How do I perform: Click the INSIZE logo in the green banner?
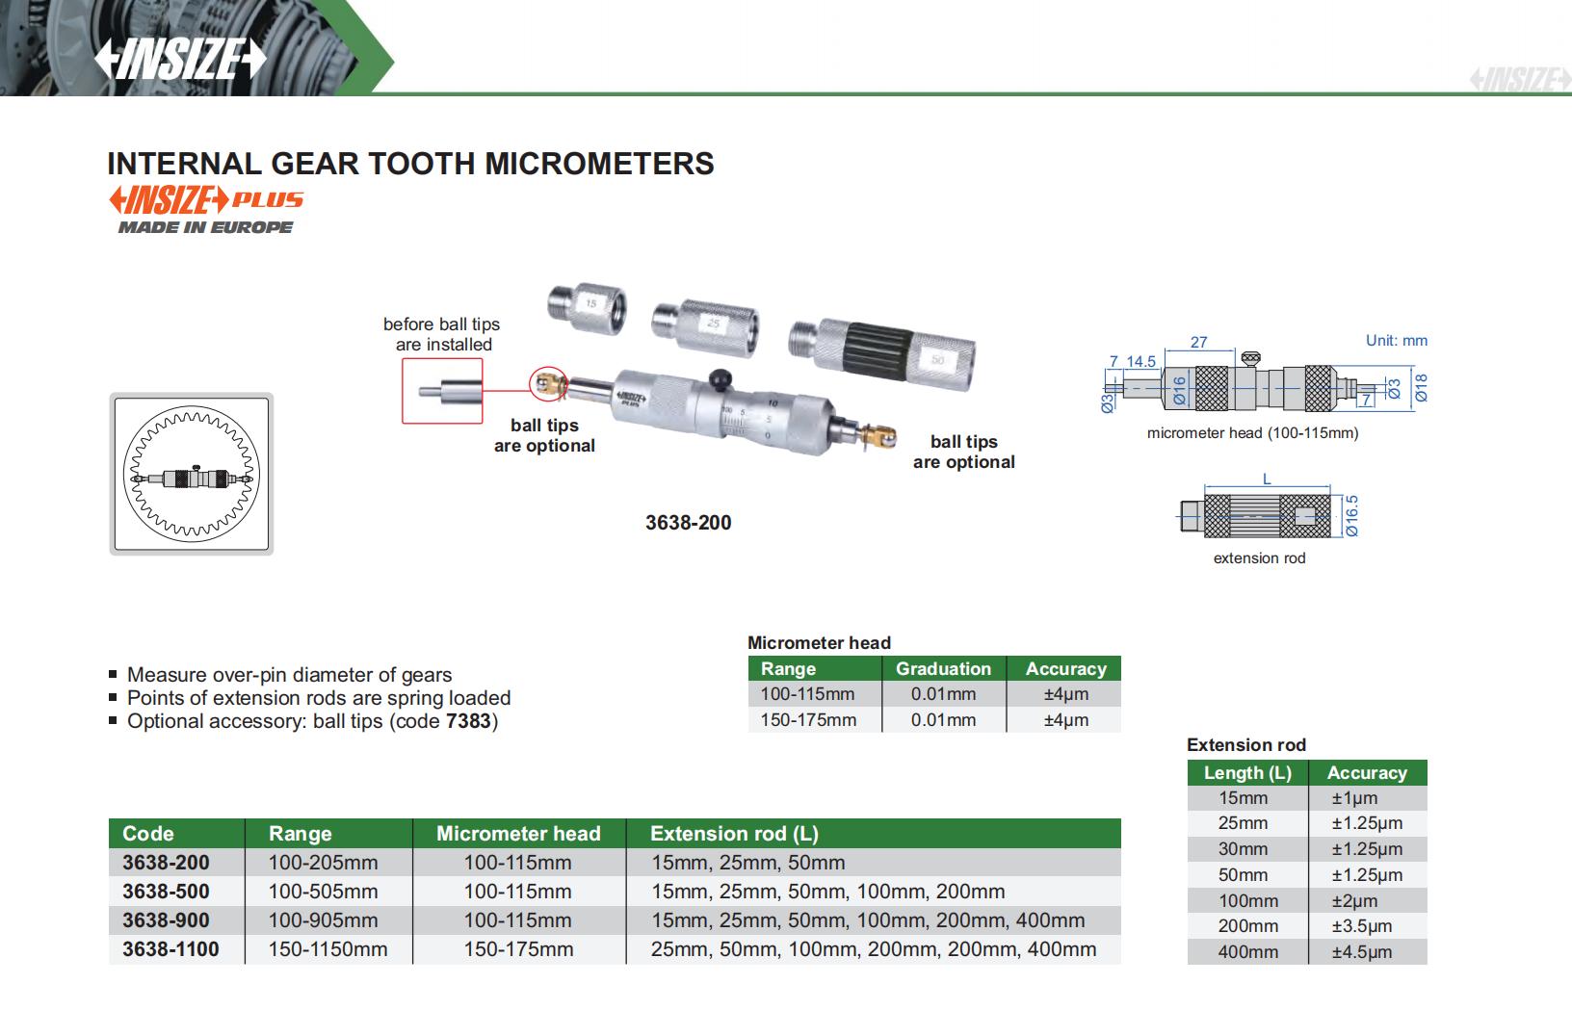click(x=179, y=60)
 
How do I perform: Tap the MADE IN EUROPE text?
click(x=205, y=227)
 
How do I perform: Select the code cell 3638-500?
click(x=166, y=892)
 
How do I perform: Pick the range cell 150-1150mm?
click(x=327, y=949)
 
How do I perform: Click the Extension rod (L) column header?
click(x=734, y=834)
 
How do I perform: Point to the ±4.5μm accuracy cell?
click(x=1361, y=952)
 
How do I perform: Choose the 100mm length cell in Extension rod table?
click(x=1248, y=901)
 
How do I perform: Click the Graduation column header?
click(x=943, y=669)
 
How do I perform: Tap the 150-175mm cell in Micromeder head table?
click(x=808, y=720)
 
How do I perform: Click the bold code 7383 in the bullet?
click(x=469, y=721)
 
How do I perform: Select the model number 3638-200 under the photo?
click(x=688, y=523)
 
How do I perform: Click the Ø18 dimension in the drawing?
click(x=1421, y=387)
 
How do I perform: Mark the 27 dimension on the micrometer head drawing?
click(x=1199, y=342)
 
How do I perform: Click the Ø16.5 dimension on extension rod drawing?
click(x=1351, y=516)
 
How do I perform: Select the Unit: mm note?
click(x=1396, y=341)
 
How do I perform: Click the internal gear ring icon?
click(x=191, y=474)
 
